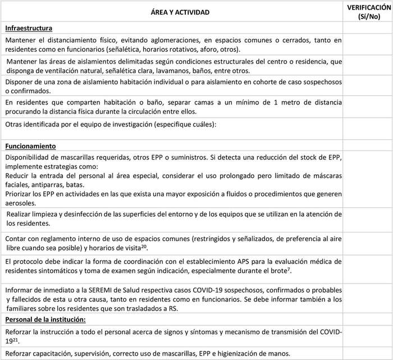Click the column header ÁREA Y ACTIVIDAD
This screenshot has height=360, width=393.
coord(173,12)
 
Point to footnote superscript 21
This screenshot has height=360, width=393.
coord(17,339)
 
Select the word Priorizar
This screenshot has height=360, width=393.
coord(19,194)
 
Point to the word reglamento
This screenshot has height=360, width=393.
coord(60,239)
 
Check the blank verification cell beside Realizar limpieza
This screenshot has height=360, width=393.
coord(368,218)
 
